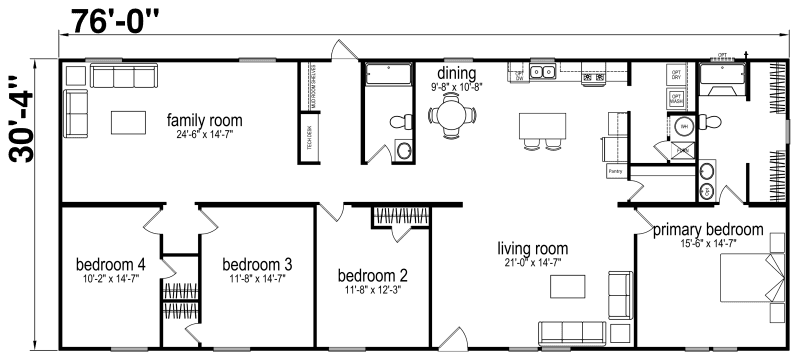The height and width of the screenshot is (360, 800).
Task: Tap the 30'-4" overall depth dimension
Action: pos(17,119)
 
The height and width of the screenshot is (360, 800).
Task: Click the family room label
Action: pos(204,121)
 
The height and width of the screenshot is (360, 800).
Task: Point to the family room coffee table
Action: pos(127,121)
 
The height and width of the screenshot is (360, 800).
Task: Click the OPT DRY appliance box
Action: pos(676,76)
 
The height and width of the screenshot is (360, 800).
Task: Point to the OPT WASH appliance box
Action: pos(676,99)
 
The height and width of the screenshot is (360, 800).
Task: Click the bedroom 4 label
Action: pos(111,264)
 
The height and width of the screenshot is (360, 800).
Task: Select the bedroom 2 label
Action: pos(372,275)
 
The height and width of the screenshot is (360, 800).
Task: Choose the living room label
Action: pos(533,248)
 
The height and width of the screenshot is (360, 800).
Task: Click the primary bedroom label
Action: pos(708,229)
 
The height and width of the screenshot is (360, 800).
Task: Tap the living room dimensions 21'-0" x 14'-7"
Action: pos(533,262)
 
